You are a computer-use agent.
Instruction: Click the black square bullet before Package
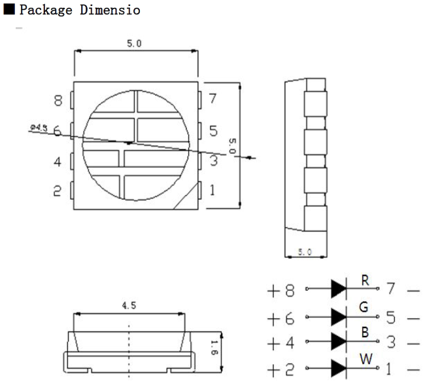point(9,9)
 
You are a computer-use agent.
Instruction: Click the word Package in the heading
point(46,10)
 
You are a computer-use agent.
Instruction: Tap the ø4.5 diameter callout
point(39,127)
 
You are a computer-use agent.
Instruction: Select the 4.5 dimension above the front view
point(129,306)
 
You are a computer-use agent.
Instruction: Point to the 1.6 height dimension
point(214,348)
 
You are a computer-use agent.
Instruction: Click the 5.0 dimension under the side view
point(305,252)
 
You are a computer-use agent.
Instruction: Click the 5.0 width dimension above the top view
point(134,43)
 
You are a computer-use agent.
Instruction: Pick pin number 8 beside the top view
point(58,100)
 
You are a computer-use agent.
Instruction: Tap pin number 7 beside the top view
point(212,98)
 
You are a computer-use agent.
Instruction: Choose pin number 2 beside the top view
point(57,191)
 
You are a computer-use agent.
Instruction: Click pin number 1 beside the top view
point(212,190)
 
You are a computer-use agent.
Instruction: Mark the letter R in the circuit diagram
point(365,280)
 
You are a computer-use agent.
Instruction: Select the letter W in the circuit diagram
point(366,359)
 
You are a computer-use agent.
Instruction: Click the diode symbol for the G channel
point(339,317)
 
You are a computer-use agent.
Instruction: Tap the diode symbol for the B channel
point(339,341)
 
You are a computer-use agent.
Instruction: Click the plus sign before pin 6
point(273,319)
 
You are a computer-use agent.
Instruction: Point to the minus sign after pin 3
point(414,344)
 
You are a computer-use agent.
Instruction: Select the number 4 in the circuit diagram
point(290,342)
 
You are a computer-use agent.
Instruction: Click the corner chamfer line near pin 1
point(186,196)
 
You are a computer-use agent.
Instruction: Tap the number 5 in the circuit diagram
point(390,317)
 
